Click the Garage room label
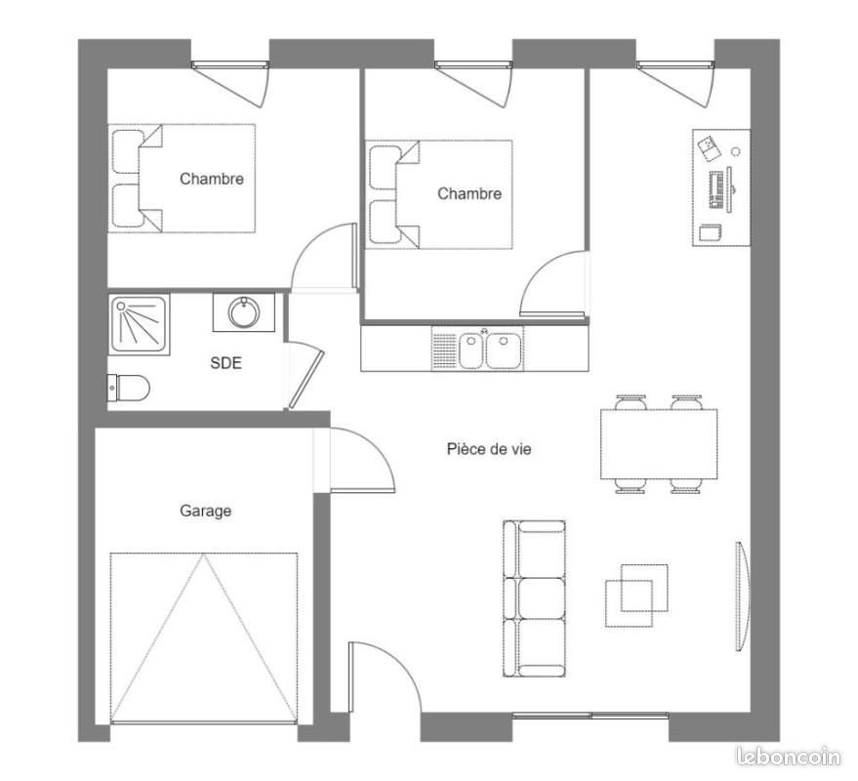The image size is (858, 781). (x=205, y=511)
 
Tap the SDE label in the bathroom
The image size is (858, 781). (x=225, y=363)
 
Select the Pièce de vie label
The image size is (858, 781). (x=489, y=449)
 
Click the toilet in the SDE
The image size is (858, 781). (x=129, y=388)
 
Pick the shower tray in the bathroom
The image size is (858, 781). (x=140, y=323)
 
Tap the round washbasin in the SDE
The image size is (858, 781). (x=243, y=312)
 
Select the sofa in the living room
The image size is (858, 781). (x=534, y=597)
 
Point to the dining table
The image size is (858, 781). (x=659, y=443)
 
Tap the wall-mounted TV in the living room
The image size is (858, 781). (x=742, y=596)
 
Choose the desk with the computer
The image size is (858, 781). (x=721, y=186)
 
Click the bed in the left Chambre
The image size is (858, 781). (x=182, y=178)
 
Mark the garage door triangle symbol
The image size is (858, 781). (x=203, y=637)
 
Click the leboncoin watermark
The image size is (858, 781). (x=789, y=755)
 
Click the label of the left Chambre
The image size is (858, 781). (x=212, y=179)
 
